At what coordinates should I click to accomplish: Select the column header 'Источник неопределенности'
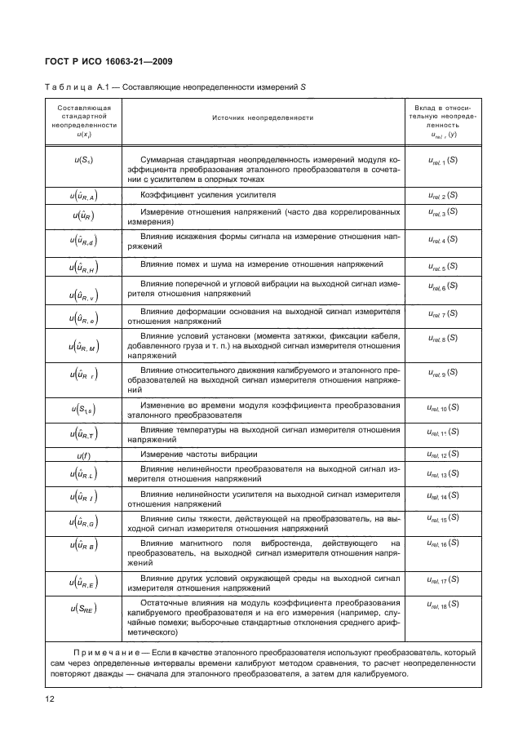263,118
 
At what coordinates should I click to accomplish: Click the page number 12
49,700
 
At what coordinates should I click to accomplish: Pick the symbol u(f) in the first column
83,455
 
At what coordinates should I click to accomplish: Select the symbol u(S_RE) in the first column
83,608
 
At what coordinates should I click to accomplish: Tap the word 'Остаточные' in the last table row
167,602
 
